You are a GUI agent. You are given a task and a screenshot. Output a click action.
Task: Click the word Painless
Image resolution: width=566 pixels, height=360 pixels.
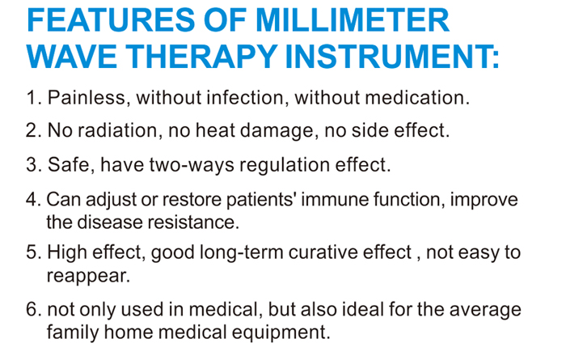click(x=87, y=99)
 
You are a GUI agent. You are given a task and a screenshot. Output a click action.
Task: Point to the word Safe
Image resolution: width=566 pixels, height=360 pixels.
click(x=67, y=165)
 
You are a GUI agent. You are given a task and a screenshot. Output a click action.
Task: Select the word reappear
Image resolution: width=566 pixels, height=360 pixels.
click(x=86, y=275)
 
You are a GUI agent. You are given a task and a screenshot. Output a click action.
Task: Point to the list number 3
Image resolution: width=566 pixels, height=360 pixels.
click(x=32, y=165)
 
